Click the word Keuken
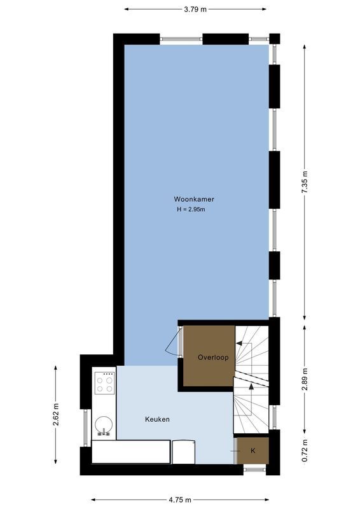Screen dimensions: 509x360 157,419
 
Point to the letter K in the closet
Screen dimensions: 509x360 253,451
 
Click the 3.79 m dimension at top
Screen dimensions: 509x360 195,9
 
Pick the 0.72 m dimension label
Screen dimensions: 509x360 305,450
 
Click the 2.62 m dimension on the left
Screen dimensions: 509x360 56,415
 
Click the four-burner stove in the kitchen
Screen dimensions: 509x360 104,384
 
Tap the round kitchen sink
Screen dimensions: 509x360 104,424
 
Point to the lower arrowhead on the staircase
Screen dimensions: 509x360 251,386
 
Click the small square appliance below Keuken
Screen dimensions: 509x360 183,451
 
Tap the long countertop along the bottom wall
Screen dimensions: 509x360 130,451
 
